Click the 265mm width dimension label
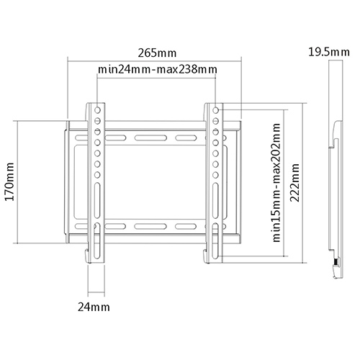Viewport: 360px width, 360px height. tap(156, 52)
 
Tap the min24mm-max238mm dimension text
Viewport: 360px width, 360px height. tap(157, 69)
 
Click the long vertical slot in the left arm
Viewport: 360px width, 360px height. tap(96, 198)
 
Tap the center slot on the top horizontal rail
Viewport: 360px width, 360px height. tap(156, 136)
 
